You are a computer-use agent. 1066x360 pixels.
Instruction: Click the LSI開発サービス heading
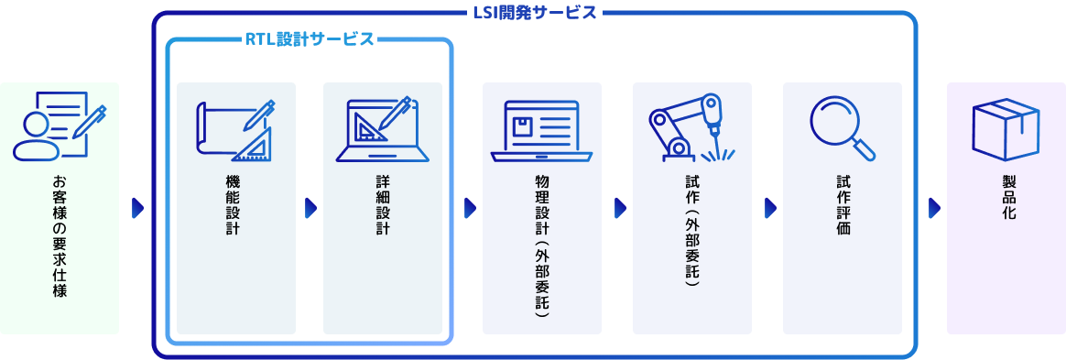coord(535,13)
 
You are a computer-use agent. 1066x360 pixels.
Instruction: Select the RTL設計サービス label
coord(310,39)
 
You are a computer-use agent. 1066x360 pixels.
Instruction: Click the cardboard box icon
coord(1006,130)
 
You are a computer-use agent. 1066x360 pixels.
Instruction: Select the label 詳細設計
coord(383,205)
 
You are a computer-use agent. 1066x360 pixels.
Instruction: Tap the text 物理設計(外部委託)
coord(541,242)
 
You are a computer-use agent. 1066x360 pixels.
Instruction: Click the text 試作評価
coord(843,205)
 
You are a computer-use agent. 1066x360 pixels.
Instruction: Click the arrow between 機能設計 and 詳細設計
coord(310,209)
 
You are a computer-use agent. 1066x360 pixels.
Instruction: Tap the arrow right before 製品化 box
coord(934,209)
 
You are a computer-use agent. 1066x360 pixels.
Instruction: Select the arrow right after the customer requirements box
coord(137,209)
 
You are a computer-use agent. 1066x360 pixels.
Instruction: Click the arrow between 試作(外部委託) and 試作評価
coord(769,209)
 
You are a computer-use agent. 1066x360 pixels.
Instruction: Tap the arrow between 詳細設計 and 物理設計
coord(469,209)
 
